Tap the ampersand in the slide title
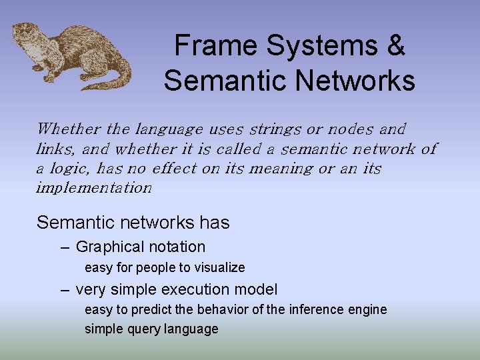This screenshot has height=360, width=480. [395, 46]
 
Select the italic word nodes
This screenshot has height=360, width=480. [350, 129]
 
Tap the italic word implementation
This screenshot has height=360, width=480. [94, 188]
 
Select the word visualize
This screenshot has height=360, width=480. [219, 268]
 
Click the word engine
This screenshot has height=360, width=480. [367, 310]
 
